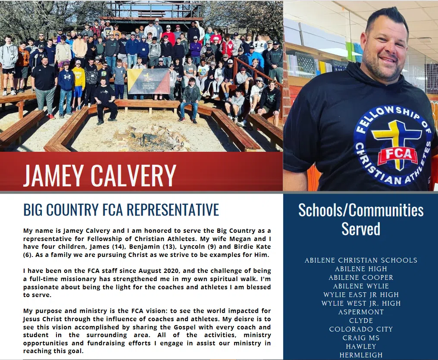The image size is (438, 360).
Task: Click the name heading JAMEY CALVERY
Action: [x=100, y=175]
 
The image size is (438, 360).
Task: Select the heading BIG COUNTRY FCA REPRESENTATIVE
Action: [x=121, y=210]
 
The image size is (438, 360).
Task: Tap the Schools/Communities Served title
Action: [x=361, y=219]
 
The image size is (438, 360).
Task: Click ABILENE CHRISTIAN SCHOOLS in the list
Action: [x=361, y=260]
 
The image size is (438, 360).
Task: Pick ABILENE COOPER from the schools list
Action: [x=361, y=278]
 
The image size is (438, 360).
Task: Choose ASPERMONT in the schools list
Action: [x=361, y=312]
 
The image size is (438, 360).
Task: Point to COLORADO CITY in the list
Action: [x=361, y=329]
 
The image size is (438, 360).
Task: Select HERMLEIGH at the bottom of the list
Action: [x=361, y=355]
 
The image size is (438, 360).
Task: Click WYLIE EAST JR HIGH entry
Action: [x=361, y=295]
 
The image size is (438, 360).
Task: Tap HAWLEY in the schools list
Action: [x=361, y=347]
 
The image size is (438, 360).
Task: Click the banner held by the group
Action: [x=148, y=81]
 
